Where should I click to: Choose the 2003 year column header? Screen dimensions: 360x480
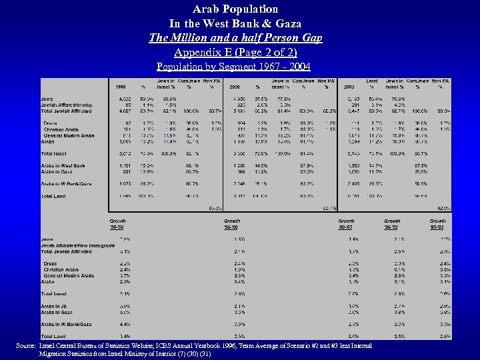coord(349,87)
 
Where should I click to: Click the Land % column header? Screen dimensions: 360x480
coord(372,84)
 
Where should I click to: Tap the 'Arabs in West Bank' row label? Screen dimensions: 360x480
coord(63,166)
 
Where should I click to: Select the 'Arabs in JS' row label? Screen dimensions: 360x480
coord(55,306)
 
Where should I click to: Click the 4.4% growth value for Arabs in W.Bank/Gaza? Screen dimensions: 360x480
coord(125,324)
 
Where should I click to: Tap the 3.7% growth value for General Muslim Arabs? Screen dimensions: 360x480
coord(125,275)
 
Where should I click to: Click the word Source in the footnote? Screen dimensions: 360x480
coord(28,345)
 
